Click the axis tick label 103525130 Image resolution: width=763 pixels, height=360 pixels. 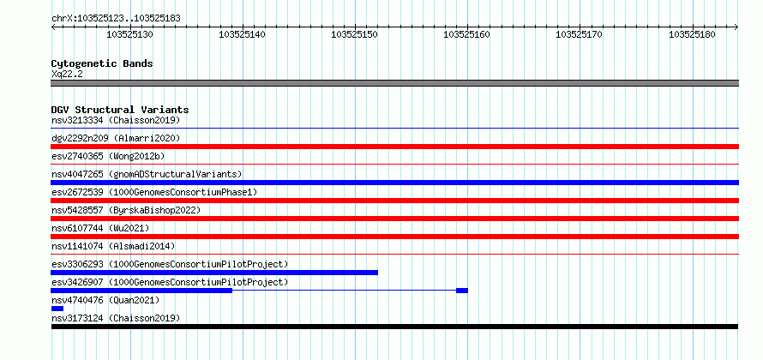(x=130, y=34)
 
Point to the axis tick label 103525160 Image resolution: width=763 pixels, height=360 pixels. (x=467, y=34)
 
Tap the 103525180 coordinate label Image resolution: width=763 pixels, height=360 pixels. (x=692, y=34)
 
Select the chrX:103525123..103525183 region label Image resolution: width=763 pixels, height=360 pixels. (x=116, y=19)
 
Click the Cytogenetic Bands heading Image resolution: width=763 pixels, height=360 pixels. (x=102, y=63)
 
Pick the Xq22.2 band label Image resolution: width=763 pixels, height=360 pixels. (x=67, y=75)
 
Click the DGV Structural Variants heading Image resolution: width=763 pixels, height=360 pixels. (x=120, y=110)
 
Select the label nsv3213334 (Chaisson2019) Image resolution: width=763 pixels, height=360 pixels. (x=116, y=120)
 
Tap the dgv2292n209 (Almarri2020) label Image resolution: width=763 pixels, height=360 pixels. (x=116, y=138)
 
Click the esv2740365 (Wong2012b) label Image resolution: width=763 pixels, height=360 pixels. (x=108, y=156)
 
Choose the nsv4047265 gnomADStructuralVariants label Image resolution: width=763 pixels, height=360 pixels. (x=147, y=174)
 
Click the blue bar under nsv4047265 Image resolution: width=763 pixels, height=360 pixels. (x=394, y=183)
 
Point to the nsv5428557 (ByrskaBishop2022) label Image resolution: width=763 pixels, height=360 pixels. (x=126, y=210)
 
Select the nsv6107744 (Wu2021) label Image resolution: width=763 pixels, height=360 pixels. (x=100, y=228)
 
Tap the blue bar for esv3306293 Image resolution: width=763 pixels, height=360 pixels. (x=214, y=273)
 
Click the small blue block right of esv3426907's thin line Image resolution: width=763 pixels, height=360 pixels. (x=462, y=291)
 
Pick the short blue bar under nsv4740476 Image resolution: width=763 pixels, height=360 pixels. (x=57, y=309)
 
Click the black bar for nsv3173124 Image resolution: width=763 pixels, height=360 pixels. (x=394, y=327)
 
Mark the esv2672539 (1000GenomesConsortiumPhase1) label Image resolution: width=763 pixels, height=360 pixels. (x=154, y=192)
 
